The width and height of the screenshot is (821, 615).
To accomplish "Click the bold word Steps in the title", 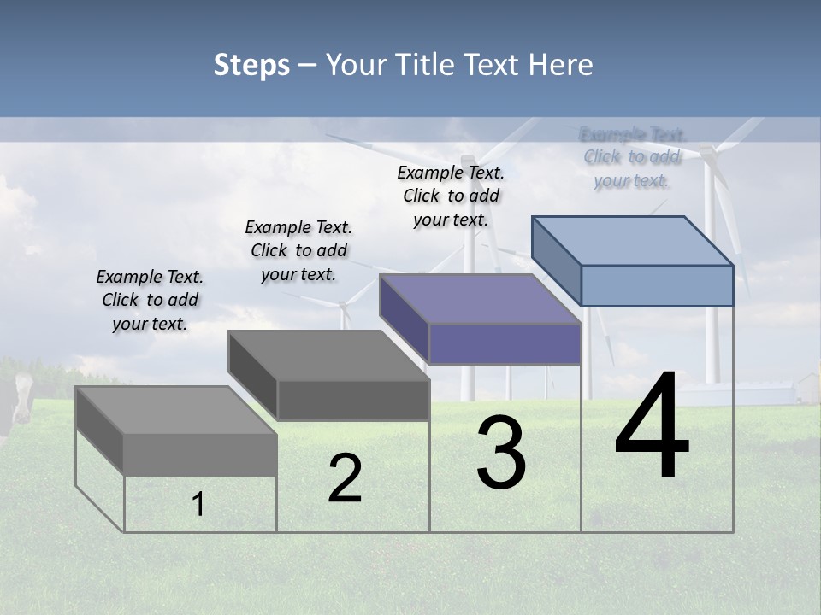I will pyautogui.click(x=251, y=65).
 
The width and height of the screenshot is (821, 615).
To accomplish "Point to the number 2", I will pyautogui.click(x=345, y=479).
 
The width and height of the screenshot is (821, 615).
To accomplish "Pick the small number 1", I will pyautogui.click(x=198, y=505).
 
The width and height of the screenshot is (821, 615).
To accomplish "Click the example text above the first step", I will pyautogui.click(x=150, y=301).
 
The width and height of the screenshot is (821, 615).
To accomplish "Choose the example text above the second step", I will pyautogui.click(x=298, y=250).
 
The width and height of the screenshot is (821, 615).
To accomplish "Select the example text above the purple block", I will pyautogui.click(x=451, y=196).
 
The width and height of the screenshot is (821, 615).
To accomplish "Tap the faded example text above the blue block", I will pyautogui.click(x=632, y=157).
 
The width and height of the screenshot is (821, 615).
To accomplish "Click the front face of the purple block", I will pyautogui.click(x=505, y=344).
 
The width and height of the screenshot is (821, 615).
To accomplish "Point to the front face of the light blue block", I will pyautogui.click(x=657, y=285).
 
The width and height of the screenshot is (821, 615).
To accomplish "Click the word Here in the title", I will pyautogui.click(x=562, y=65).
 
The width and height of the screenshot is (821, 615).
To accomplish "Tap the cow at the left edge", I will pyautogui.click(x=15, y=401).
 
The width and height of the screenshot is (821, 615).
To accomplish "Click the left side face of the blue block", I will pyautogui.click(x=556, y=261).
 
